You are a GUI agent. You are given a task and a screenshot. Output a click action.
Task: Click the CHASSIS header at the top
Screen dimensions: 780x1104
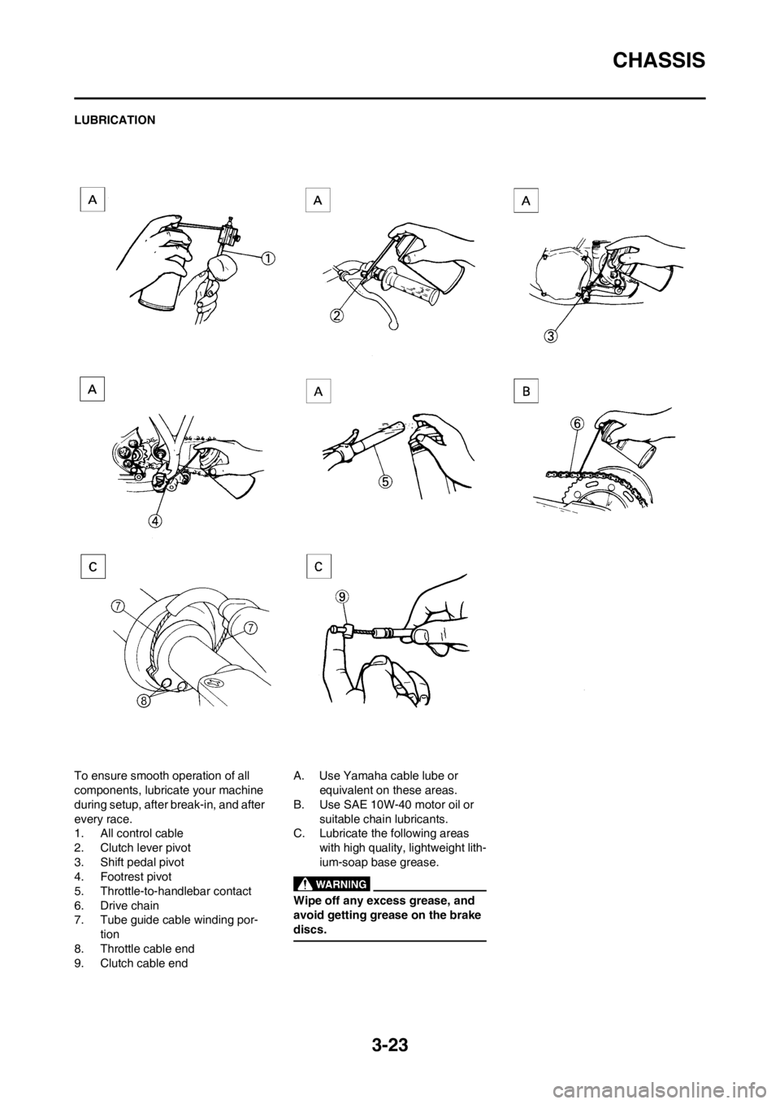click(659, 60)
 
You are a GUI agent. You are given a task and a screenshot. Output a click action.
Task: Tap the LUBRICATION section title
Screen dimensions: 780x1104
click(115, 120)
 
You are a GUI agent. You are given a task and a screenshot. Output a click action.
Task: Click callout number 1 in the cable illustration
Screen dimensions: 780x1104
click(267, 258)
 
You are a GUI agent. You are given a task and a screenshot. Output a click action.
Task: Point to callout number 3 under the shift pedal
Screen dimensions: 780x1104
click(551, 336)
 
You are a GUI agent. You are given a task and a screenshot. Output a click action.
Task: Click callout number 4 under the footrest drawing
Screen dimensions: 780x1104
click(155, 520)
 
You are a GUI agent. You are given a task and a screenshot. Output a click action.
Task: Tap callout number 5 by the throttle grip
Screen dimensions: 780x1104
click(386, 481)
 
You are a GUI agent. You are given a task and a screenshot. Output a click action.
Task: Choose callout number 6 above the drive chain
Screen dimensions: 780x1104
click(578, 423)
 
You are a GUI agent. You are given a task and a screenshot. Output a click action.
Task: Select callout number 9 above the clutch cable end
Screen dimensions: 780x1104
click(343, 597)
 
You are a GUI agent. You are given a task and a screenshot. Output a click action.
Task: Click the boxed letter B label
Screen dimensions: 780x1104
click(526, 391)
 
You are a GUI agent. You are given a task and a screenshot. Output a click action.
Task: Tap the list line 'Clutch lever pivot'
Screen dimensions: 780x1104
click(145, 848)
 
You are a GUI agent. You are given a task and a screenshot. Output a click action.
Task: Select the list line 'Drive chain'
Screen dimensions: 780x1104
click(129, 906)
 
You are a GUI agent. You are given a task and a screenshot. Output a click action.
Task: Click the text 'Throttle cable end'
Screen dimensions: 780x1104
click(147, 949)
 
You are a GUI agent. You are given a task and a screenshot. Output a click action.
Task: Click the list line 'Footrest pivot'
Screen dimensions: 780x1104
click(136, 877)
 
